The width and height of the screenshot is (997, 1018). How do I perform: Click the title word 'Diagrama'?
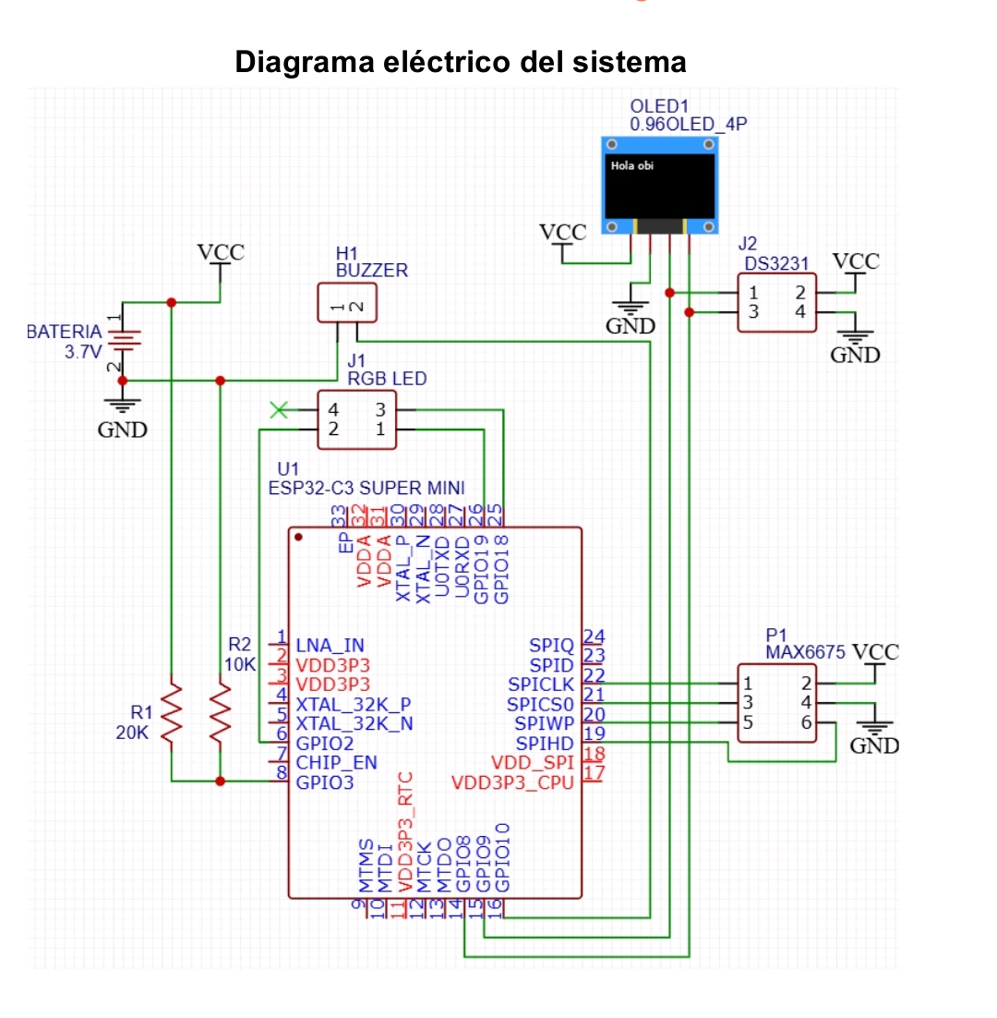click(x=301, y=63)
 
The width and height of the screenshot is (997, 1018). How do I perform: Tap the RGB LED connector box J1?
click(x=355, y=419)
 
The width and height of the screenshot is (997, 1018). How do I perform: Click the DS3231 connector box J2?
click(x=776, y=303)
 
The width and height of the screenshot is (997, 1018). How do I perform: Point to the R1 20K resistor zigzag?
click(x=172, y=712)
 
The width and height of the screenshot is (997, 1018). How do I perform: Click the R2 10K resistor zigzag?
click(x=220, y=712)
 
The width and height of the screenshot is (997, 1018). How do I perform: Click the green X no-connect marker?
click(x=279, y=409)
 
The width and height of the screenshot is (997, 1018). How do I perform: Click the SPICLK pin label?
click(x=541, y=685)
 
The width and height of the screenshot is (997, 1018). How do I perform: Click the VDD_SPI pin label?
click(x=533, y=763)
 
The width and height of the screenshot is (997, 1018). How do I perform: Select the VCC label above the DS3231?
click(x=856, y=261)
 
